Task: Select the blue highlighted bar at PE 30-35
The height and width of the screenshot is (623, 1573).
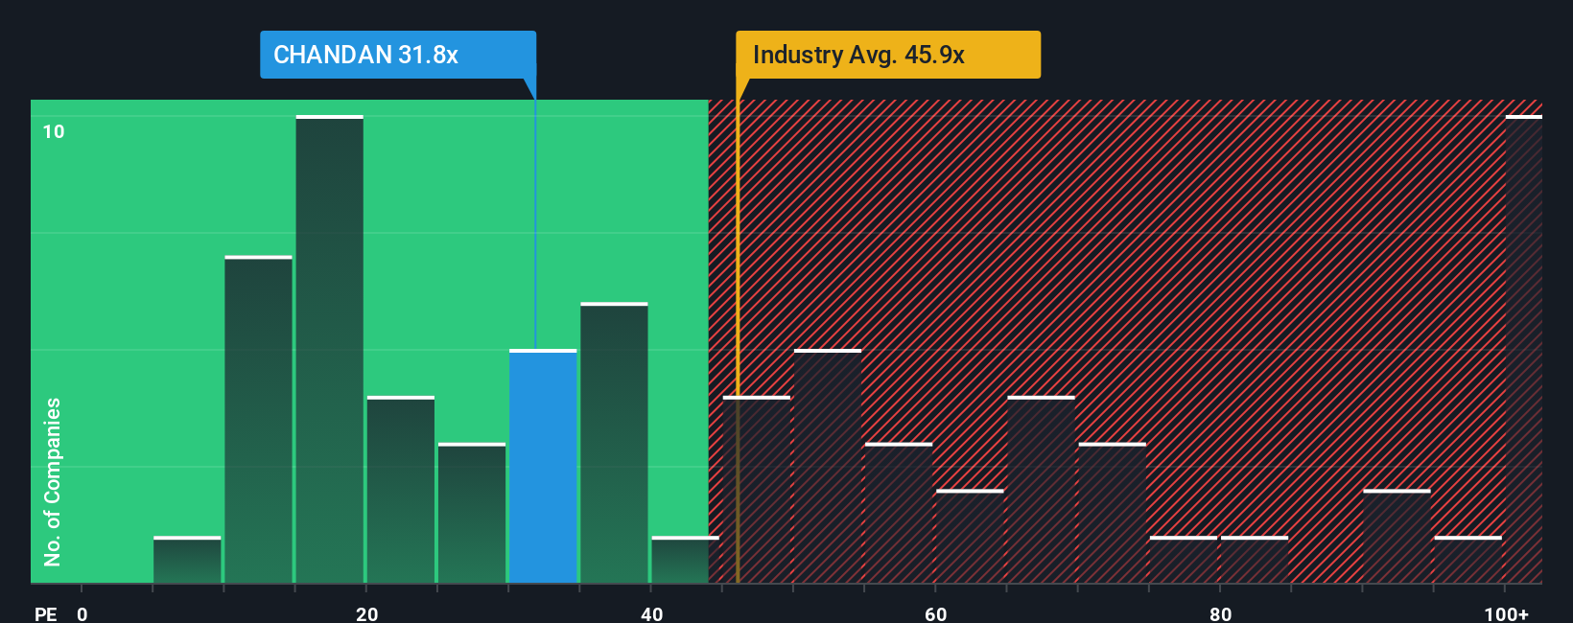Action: (x=543, y=467)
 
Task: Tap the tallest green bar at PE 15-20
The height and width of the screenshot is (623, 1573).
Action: (x=329, y=350)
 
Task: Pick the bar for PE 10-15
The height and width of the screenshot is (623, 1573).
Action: (x=258, y=420)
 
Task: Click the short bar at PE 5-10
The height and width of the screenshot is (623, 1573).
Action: (x=187, y=560)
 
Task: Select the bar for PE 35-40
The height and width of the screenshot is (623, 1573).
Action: (x=614, y=443)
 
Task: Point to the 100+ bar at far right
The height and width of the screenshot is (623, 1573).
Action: (x=1523, y=350)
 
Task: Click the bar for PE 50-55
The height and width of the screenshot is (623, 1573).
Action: (x=828, y=467)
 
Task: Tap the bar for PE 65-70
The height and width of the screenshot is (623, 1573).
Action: (x=1041, y=490)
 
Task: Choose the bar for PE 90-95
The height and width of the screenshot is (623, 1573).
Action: (x=1397, y=537)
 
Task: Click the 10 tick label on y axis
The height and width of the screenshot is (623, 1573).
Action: (x=54, y=131)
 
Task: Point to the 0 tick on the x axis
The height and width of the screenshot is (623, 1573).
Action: (x=82, y=613)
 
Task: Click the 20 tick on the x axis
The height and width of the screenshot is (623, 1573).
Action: (x=366, y=613)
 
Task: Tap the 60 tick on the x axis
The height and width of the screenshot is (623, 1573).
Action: (x=935, y=613)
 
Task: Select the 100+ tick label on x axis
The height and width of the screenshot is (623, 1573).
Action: (x=1506, y=613)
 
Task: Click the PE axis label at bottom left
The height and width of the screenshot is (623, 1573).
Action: (x=45, y=613)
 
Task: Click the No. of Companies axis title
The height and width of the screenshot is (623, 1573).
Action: (x=53, y=481)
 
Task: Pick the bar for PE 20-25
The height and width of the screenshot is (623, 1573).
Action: (x=401, y=490)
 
